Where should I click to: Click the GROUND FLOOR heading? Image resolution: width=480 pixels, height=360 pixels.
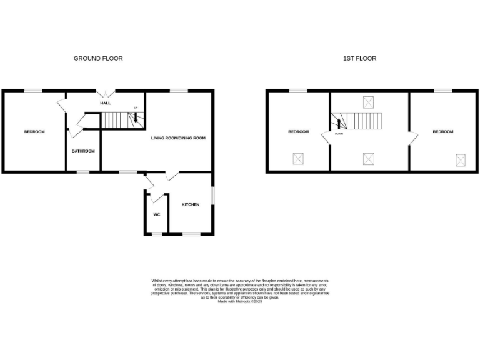pyautogui.click(x=98, y=58)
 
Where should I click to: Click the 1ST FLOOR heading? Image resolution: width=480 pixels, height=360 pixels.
pyautogui.click(x=359, y=58)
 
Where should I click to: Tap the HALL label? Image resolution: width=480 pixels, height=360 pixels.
pyautogui.click(x=105, y=103)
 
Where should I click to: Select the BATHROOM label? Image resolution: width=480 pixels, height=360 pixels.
pyautogui.click(x=82, y=151)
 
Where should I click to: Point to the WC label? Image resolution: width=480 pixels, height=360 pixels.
pyautogui.click(x=157, y=214)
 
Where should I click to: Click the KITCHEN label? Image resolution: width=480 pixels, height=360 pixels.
pyautogui.click(x=191, y=205)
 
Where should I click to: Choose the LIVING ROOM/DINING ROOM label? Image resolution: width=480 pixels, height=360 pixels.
pyautogui.click(x=178, y=137)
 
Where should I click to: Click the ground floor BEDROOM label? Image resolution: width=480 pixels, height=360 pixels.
pyautogui.click(x=34, y=131)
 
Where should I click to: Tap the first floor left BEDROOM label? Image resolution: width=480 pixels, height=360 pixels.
pyautogui.click(x=298, y=131)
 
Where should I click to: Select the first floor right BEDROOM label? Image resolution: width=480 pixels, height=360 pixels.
pyautogui.click(x=443, y=131)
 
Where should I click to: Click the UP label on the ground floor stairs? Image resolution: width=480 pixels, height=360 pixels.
pyautogui.click(x=135, y=107)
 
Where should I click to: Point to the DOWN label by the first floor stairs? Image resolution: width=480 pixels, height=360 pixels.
pyautogui.click(x=339, y=134)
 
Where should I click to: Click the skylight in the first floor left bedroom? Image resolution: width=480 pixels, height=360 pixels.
pyautogui.click(x=298, y=159)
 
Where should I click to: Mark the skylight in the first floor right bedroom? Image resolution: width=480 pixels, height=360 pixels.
pyautogui.click(x=461, y=160)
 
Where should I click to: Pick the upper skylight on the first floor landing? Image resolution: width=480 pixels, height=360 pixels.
pyautogui.click(x=368, y=102)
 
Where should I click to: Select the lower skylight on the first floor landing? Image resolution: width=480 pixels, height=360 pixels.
pyautogui.click(x=368, y=159)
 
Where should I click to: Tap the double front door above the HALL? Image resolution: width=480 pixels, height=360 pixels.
pyautogui.click(x=105, y=91)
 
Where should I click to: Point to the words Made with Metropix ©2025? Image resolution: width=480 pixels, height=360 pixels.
pyautogui.click(x=240, y=301)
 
